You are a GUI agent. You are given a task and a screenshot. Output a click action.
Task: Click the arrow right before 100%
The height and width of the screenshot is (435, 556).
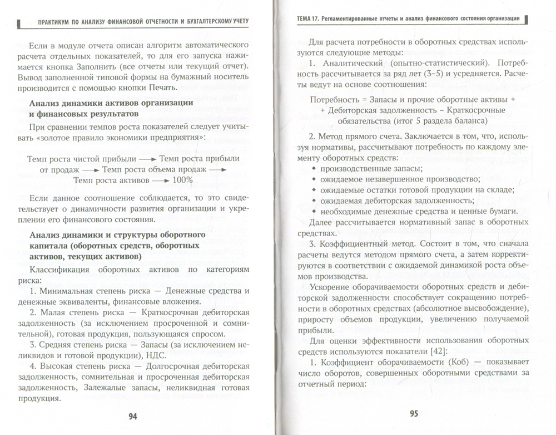tap(160, 180)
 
